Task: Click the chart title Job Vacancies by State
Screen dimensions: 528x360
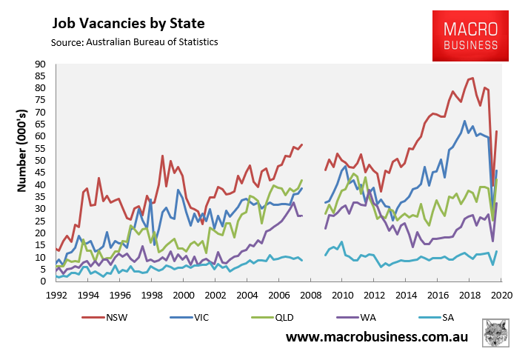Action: pyautogui.click(x=128, y=24)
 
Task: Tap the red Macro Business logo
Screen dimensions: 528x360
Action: pyautogui.click(x=470, y=36)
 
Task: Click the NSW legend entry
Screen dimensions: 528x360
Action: pyautogui.click(x=104, y=318)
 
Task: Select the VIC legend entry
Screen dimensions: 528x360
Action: pyautogui.click(x=190, y=318)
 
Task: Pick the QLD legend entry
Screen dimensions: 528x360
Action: pyautogui.click(x=273, y=318)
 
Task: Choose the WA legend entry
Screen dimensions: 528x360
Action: pyautogui.click(x=356, y=318)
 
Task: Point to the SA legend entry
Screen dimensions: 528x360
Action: pyautogui.click(x=436, y=318)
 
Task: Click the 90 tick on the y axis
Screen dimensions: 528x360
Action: pyautogui.click(x=40, y=64)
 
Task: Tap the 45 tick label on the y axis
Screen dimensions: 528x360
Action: pyautogui.click(x=40, y=173)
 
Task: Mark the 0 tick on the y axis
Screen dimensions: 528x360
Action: pyautogui.click(x=43, y=281)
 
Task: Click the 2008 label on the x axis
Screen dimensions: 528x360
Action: pyautogui.click(x=310, y=296)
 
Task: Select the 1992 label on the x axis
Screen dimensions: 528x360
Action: pyautogui.click(x=56, y=296)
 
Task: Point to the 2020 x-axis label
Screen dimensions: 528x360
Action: pyautogui.click(x=502, y=296)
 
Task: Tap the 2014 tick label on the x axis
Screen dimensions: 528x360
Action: pyautogui.click(x=406, y=296)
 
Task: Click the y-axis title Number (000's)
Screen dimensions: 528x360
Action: pyautogui.click(x=21, y=150)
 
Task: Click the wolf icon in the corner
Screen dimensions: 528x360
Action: pyautogui.click(x=495, y=333)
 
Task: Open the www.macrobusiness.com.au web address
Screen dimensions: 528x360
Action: pyautogui.click(x=377, y=337)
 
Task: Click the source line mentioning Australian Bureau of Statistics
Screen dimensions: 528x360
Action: pyautogui.click(x=134, y=42)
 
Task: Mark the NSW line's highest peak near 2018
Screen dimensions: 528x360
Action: pyautogui.click(x=472, y=78)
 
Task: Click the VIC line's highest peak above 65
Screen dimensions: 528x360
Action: pyautogui.click(x=465, y=121)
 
